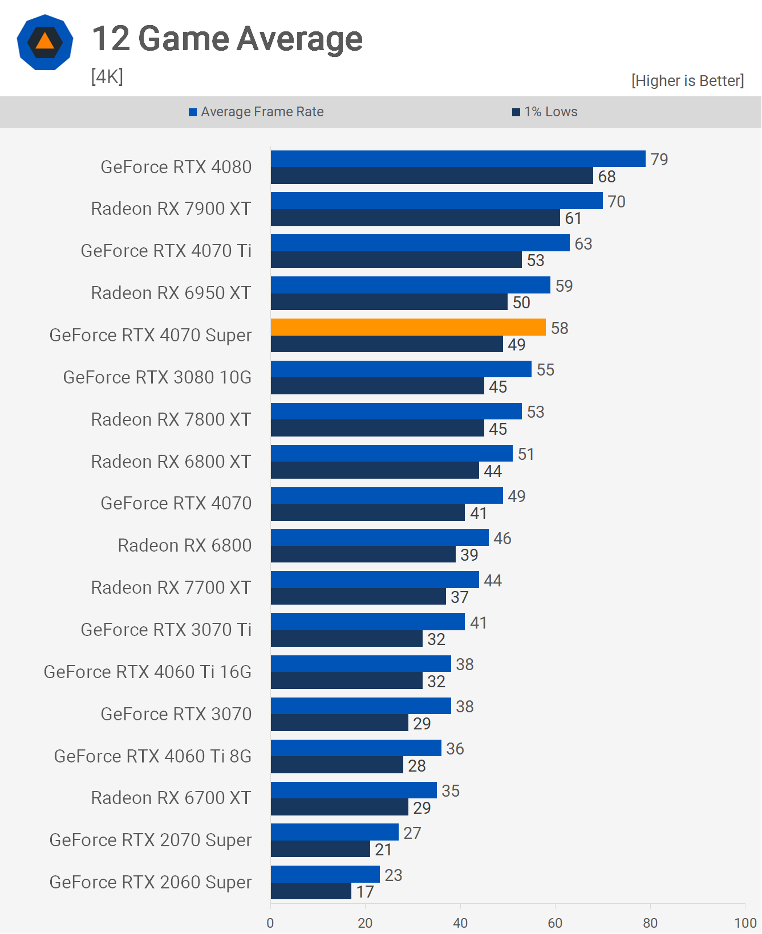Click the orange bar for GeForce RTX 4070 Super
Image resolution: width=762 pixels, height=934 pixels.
coord(408,327)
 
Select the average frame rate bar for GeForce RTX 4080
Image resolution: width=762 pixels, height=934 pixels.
coord(458,159)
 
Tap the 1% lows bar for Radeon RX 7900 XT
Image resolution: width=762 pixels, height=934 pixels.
coord(415,218)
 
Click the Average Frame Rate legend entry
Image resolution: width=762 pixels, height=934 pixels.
coord(256,112)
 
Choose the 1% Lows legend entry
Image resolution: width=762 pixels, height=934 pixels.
coord(545,112)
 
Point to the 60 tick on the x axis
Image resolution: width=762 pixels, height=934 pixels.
coord(555,923)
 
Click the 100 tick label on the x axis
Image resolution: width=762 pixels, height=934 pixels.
coord(745,923)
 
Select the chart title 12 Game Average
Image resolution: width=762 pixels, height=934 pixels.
coord(227,39)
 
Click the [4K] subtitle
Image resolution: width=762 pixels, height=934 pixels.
coord(107,76)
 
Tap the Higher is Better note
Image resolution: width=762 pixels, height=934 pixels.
coord(687,81)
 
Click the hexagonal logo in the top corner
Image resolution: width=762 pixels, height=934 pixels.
coord(45,43)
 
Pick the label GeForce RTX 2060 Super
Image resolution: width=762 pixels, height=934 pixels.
coord(151,882)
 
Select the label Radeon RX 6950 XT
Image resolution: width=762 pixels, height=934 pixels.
coord(171,293)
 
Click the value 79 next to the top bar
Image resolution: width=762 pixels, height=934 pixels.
coord(659,160)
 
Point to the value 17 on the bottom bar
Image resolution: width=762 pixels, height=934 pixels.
coord(365,892)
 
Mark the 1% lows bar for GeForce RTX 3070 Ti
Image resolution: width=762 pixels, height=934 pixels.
coord(347,639)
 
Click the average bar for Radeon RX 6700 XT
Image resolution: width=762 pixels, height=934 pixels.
coord(354,790)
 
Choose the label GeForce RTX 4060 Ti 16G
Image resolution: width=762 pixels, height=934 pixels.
coord(148,672)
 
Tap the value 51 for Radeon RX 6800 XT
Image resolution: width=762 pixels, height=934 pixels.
coord(526,454)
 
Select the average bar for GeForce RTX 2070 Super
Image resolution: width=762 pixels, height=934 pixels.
coord(335,833)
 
